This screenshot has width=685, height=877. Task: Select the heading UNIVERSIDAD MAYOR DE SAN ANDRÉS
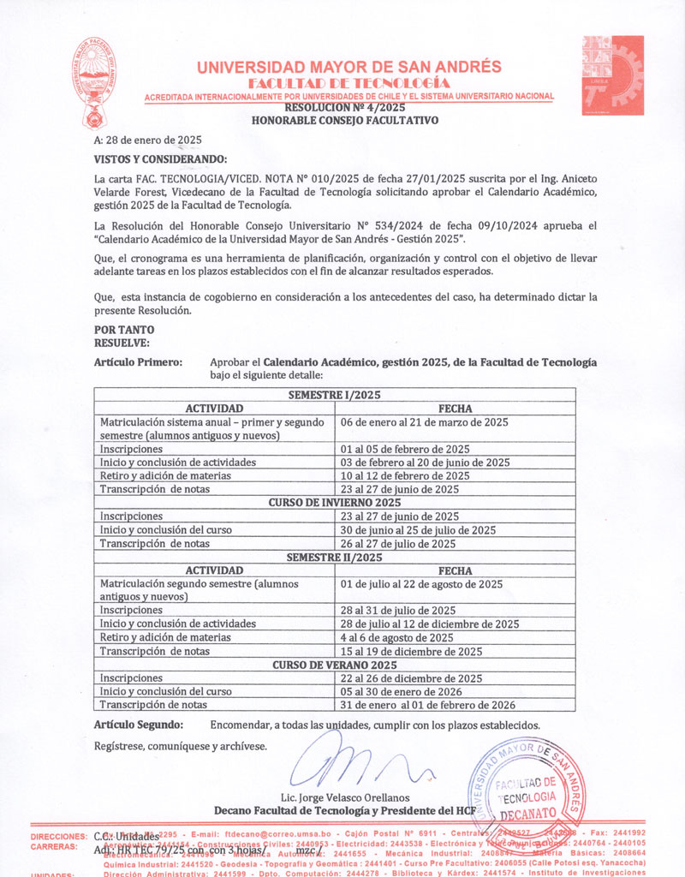[348, 68]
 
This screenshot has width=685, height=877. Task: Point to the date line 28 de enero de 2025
[147, 140]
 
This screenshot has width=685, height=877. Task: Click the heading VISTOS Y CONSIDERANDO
[160, 159]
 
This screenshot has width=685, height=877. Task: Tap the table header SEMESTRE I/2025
[334, 396]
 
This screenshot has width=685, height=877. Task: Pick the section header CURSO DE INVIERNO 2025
[334, 503]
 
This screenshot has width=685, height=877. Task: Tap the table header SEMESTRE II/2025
[334, 557]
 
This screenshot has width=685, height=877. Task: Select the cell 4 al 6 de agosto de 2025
[397, 638]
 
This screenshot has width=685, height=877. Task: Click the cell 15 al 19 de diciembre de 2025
[412, 652]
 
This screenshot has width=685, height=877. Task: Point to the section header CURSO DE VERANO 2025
[334, 665]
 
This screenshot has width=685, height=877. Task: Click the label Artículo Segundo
[138, 725]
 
